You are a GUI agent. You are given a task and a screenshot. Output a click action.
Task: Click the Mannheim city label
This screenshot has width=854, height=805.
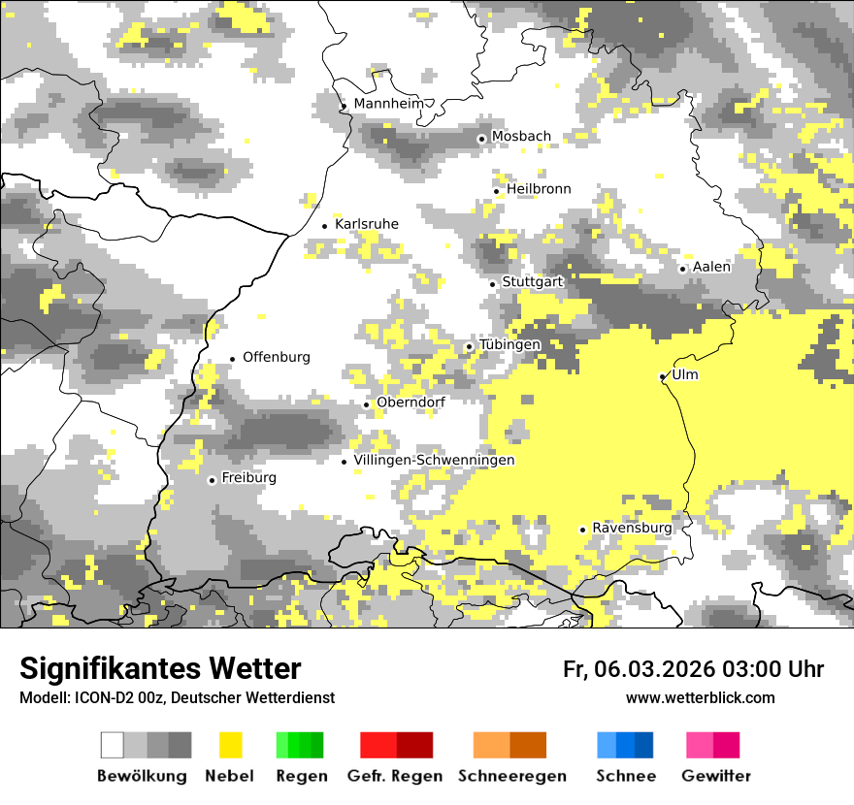[389, 104]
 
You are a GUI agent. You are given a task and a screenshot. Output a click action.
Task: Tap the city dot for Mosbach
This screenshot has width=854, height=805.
[481, 139]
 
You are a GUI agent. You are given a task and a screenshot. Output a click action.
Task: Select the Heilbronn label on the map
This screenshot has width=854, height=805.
[539, 189]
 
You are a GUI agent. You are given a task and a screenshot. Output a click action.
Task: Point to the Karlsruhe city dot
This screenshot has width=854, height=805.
[325, 226]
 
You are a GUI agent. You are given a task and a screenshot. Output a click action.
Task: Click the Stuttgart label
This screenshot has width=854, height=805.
[533, 282]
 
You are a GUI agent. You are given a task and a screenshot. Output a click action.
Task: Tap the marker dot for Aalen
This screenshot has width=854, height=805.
[683, 269]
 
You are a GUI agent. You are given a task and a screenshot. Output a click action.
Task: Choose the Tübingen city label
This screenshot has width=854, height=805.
[509, 345]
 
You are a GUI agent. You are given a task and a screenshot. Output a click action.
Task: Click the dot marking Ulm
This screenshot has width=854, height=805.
[663, 376]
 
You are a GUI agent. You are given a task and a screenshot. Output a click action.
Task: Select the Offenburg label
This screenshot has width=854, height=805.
[277, 357]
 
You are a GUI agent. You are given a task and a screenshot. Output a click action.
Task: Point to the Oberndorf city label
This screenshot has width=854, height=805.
[411, 402]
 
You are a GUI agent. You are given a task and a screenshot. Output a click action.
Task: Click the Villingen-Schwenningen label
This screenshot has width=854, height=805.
[434, 460]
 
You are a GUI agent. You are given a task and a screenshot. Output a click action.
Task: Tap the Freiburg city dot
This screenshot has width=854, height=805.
[212, 480]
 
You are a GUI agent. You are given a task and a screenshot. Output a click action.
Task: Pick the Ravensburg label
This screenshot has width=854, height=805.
[632, 528]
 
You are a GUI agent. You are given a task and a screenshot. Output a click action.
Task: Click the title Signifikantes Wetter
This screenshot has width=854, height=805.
[160, 668]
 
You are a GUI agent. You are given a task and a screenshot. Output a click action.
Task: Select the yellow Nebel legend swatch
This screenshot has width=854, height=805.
[230, 745]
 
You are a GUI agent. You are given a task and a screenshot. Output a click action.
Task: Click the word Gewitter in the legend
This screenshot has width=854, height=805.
[716, 776]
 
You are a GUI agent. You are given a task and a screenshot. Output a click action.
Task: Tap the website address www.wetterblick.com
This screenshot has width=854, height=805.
[701, 698]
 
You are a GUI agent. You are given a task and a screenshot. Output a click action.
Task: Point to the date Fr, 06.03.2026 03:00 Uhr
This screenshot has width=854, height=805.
[693, 669]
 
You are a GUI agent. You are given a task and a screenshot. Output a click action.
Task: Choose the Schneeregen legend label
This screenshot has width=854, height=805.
[510, 776]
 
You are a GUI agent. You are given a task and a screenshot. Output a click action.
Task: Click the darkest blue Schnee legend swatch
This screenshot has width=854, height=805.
[644, 745]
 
